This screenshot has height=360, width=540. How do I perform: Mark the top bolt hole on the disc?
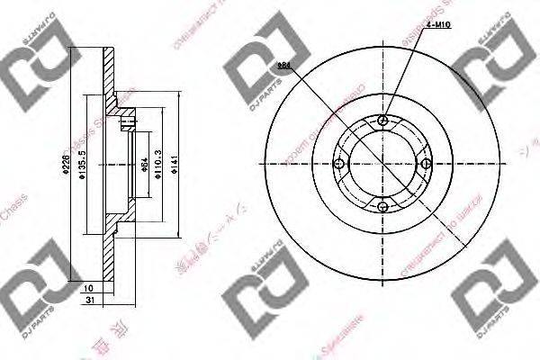point(383,120)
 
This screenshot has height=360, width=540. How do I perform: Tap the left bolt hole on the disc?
point(339,164)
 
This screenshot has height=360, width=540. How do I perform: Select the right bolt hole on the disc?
point(427,163)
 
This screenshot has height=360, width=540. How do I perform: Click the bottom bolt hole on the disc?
point(383,207)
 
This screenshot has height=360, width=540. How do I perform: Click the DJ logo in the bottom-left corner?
point(34,292)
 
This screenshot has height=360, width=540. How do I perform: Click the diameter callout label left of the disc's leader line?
point(283,66)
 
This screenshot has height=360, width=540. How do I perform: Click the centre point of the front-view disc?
point(383,164)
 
